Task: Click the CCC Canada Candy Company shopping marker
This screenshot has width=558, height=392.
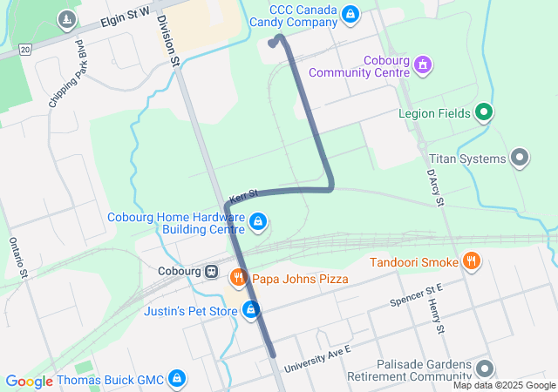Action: [x=350, y=14]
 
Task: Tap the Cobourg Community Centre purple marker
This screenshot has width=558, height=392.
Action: [x=423, y=64]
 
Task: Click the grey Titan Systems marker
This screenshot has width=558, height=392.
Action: [x=521, y=159]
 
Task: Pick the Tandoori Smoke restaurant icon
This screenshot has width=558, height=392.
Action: [x=471, y=261]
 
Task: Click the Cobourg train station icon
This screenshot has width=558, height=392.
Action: [x=211, y=271]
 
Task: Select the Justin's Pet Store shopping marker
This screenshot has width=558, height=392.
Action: [x=251, y=309]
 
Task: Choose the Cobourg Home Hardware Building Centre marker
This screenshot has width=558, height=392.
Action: [x=258, y=223]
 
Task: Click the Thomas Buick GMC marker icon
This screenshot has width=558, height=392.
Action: [x=177, y=379]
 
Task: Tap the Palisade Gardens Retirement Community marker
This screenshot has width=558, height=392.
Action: [x=485, y=370]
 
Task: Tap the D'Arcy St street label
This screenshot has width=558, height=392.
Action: [x=435, y=188]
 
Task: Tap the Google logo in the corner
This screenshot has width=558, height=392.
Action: [x=29, y=381]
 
